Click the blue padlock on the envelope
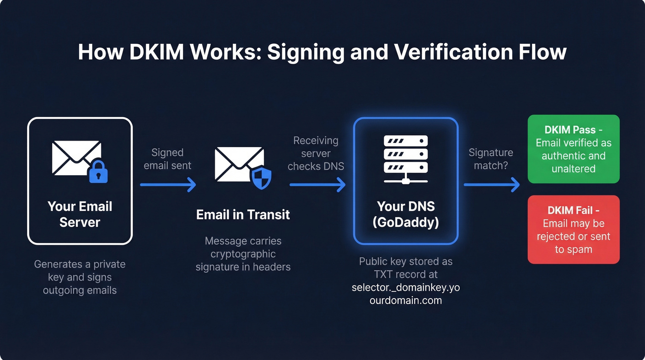(x=98, y=172)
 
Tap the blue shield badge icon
(x=261, y=177)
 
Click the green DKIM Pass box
(x=573, y=149)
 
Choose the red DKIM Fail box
(x=573, y=230)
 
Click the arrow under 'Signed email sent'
(x=168, y=185)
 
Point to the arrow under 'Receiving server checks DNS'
(x=317, y=185)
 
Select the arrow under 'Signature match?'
(x=491, y=185)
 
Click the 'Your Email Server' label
(x=80, y=214)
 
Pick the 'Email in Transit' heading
(x=243, y=214)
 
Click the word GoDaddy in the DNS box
(x=405, y=223)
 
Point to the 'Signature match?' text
(x=491, y=159)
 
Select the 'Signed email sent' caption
(x=168, y=159)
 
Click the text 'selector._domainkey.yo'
(x=405, y=288)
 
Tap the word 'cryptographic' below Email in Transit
(x=243, y=254)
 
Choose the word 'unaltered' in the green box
(x=573, y=169)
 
